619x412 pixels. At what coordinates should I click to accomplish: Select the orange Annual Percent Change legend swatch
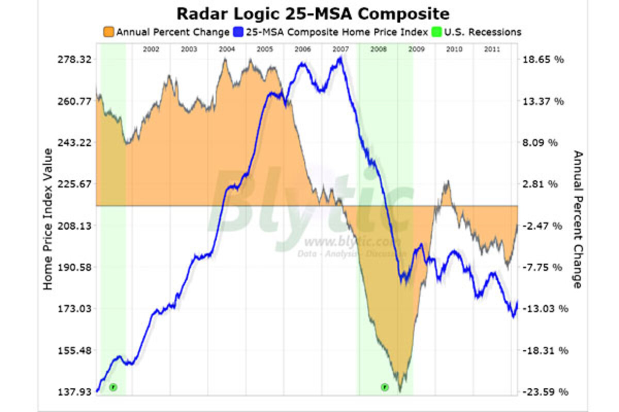click(109, 32)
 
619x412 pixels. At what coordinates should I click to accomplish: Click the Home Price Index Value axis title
click(48, 219)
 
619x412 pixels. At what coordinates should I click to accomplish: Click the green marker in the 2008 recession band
click(384, 387)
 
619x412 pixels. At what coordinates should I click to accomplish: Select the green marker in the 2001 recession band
click(113, 387)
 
